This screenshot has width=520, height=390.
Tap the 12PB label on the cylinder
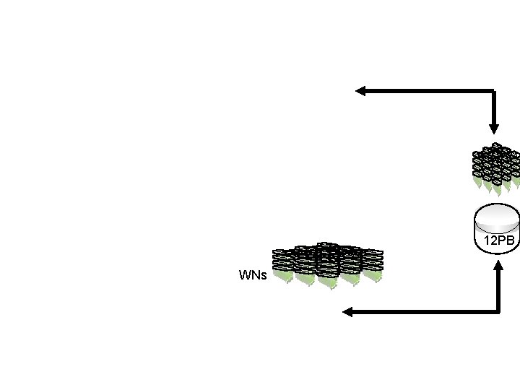click(499, 241)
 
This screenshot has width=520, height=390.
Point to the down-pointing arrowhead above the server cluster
click(493, 128)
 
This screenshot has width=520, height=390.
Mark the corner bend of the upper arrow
click(493, 92)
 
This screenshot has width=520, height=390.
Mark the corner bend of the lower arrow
click(500, 312)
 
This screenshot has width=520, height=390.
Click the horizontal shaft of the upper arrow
click(426, 91)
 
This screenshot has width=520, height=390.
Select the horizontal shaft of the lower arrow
click(422, 312)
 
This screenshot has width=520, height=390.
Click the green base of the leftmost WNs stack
click(282, 277)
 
